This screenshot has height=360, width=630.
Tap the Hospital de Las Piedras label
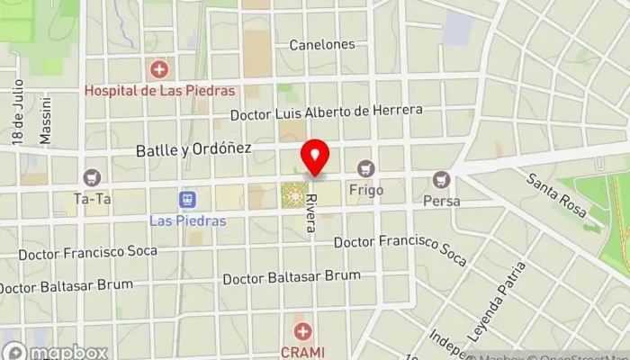click(x=159, y=90)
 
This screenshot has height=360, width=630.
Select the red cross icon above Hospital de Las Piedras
click(x=159, y=68)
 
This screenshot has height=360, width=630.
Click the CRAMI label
click(x=302, y=352)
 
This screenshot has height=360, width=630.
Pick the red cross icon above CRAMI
click(x=302, y=332)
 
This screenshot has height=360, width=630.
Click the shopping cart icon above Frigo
click(x=365, y=168)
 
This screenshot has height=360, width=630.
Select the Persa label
click(x=441, y=201)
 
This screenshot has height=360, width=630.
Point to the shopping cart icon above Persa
click(x=441, y=179)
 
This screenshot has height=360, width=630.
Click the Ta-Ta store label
click(x=92, y=199)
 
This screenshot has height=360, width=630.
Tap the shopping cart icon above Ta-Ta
click(x=92, y=177)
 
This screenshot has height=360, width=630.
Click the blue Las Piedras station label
click(x=187, y=220)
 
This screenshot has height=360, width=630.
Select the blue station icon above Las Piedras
click(x=187, y=199)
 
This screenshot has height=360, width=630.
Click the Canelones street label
click(x=322, y=44)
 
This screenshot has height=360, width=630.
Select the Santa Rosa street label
click(x=556, y=195)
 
